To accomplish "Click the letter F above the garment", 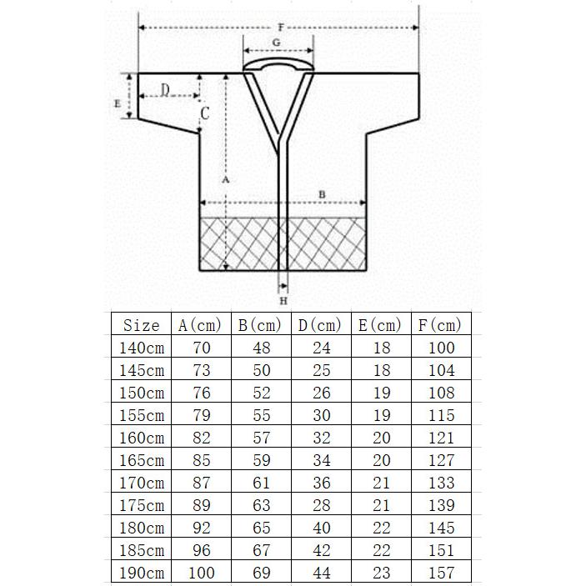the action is pyautogui.click(x=281, y=28).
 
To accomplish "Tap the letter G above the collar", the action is pyautogui.click(x=276, y=43).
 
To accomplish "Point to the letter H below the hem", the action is pyautogui.click(x=283, y=301).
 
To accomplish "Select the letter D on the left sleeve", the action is pyautogui.click(x=165, y=90).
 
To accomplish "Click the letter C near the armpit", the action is pyautogui.click(x=205, y=113).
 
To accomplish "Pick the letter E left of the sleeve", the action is pyautogui.click(x=118, y=103).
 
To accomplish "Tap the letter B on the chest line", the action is pyautogui.click(x=322, y=194).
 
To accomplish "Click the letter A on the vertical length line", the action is pyautogui.click(x=225, y=180).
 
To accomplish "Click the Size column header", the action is pyautogui.click(x=141, y=325).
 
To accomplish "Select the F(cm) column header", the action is pyautogui.click(x=440, y=325).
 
